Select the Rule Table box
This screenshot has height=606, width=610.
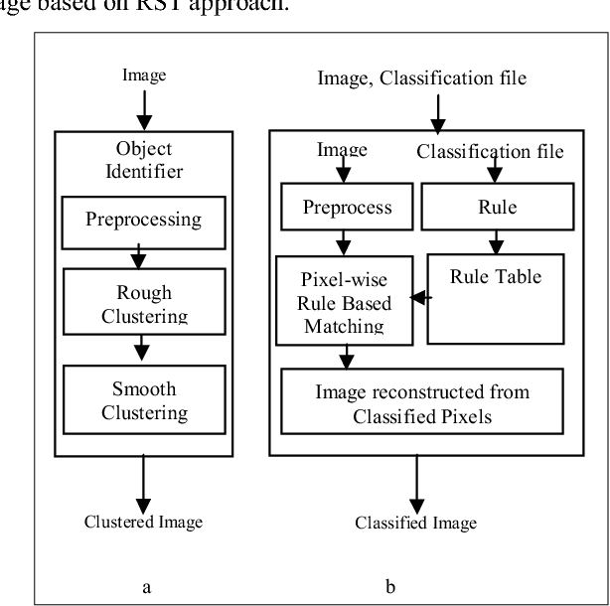pos(495,298)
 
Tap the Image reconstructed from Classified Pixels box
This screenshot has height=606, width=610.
pos(422,403)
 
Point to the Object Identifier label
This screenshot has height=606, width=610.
pos(144,161)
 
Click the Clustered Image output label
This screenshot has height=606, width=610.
pos(143,523)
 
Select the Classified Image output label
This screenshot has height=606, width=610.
pos(416,523)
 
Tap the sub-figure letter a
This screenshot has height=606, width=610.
pos(146,587)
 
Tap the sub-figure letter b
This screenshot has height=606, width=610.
pos(390,587)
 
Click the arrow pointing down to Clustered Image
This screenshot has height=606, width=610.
pos(144,481)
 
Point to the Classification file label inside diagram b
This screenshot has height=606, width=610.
pos(490,151)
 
